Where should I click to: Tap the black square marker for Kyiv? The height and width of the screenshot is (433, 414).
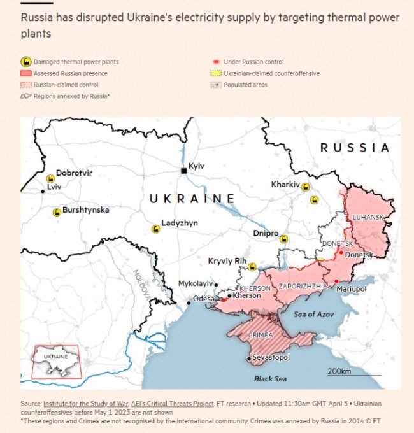[x=184, y=171]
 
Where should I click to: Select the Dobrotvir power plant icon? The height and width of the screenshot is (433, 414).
[x=50, y=178]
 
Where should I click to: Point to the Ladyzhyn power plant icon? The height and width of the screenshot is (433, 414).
[x=155, y=229]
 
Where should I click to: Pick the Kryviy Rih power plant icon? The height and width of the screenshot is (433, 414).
[x=252, y=267]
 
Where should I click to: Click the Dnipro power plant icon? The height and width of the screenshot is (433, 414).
[x=284, y=239]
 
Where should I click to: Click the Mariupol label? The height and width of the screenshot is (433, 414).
[x=352, y=289]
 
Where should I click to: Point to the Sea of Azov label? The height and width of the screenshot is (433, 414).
[x=313, y=314]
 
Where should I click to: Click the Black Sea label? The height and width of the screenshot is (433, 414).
[x=270, y=379]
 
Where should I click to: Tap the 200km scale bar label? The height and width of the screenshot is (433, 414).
[x=339, y=371]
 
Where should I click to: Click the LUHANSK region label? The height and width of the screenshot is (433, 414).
[x=368, y=217]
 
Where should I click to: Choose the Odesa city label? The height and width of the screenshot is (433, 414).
[x=204, y=298]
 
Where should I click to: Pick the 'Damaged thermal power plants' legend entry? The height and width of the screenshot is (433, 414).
[x=70, y=62]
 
